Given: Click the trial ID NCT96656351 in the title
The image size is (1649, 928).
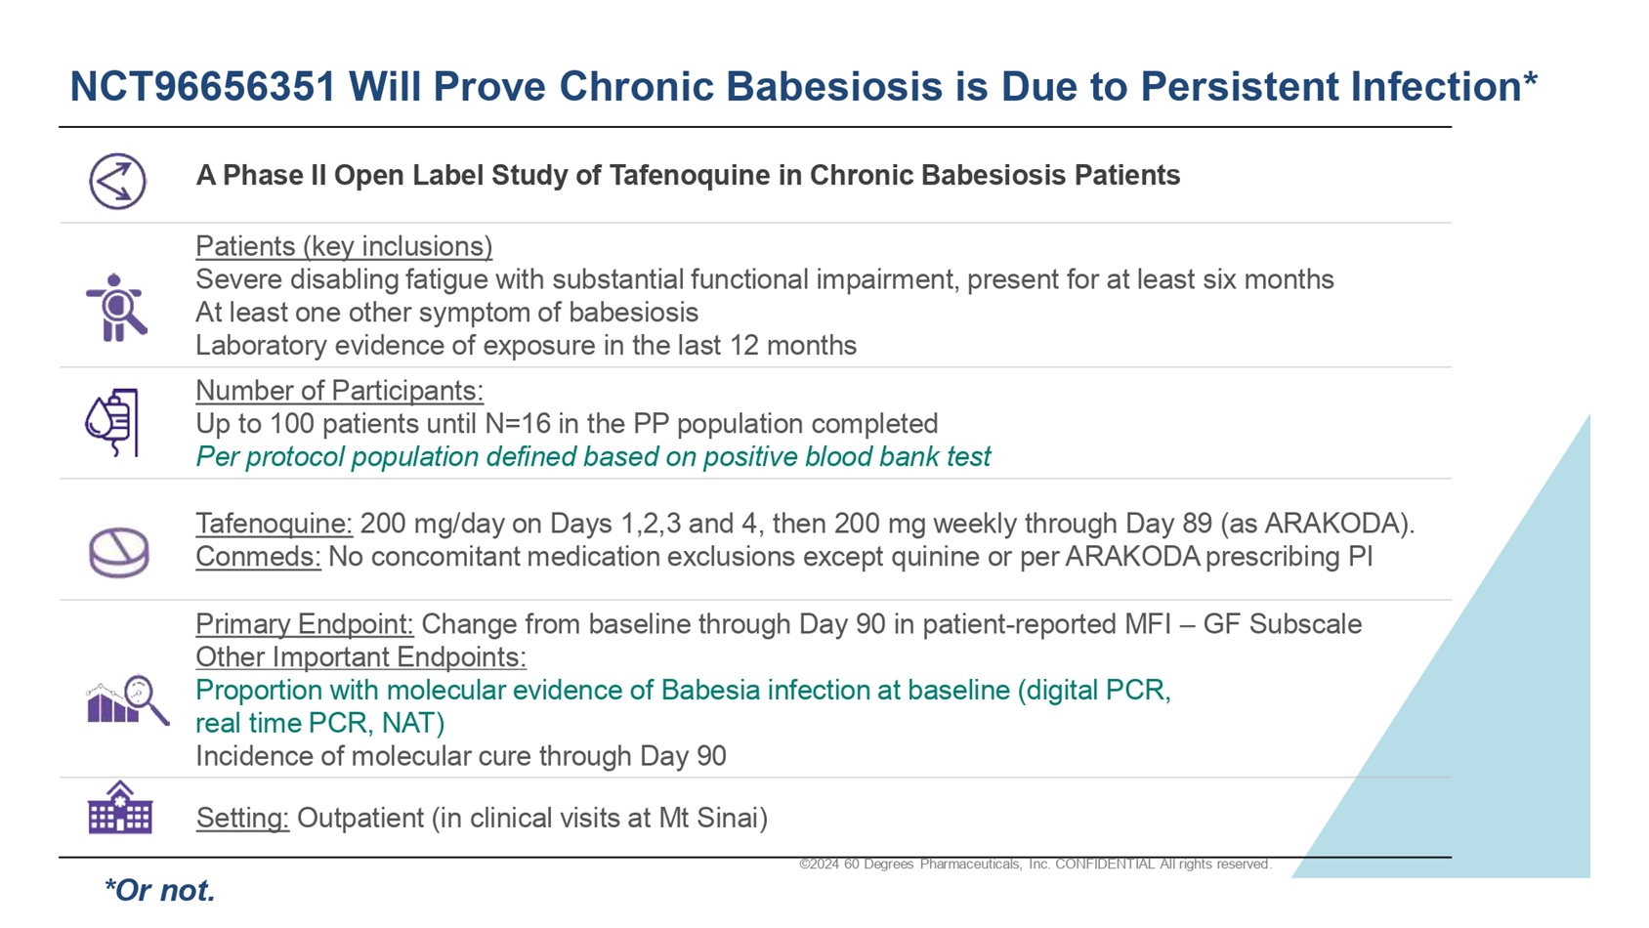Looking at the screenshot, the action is (x=203, y=86).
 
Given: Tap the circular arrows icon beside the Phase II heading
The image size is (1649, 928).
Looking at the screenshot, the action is (x=118, y=181).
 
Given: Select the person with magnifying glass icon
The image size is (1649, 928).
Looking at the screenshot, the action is (x=115, y=307).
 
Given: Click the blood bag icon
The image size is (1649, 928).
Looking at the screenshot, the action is (x=112, y=422).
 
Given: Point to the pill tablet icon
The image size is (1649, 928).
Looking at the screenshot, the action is (x=118, y=552).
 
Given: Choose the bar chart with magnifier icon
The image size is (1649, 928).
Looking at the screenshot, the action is (x=127, y=699).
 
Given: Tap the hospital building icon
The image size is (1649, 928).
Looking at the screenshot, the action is (x=120, y=807).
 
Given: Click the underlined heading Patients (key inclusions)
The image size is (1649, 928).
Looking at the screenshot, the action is (x=344, y=246).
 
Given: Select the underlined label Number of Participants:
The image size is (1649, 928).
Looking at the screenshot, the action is (x=339, y=391).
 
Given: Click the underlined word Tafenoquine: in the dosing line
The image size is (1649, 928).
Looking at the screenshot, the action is (x=274, y=524).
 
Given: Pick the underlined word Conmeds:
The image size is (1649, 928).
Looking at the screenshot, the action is (x=258, y=557).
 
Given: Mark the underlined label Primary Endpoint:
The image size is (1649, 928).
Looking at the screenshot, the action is (x=305, y=624).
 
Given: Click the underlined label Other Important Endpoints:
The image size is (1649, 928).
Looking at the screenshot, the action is (x=360, y=657).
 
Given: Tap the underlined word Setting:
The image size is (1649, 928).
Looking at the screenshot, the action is (x=242, y=818).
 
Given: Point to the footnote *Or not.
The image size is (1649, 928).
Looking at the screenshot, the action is (x=160, y=891).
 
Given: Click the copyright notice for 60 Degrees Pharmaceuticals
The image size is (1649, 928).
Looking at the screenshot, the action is (x=1036, y=864).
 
